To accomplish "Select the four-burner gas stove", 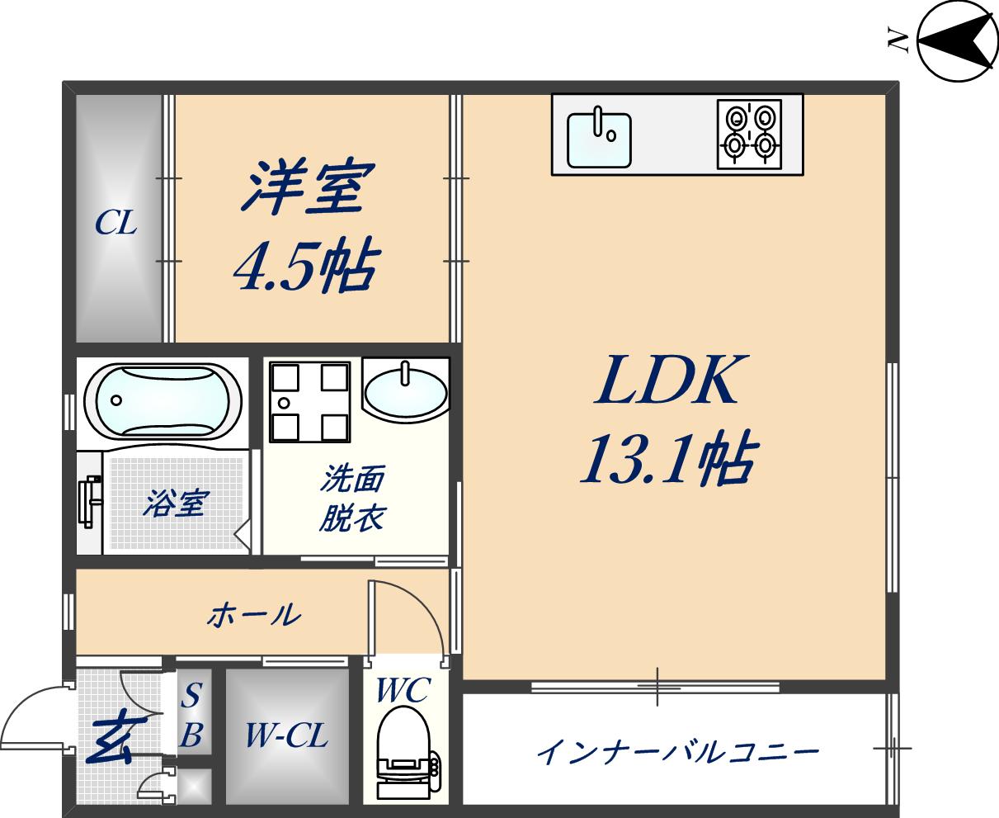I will pos(749,134).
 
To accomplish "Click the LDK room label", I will pos(666,381).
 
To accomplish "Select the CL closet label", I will pos(115,222).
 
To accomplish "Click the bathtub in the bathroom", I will pos(163,401).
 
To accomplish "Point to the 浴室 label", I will pos(176,503).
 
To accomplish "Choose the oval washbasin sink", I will pos(405,389).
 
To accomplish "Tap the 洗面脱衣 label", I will pos(353,498).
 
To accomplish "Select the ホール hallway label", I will pos(253,615).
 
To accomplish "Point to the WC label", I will pos(403,690).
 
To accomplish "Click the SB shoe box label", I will pos(191,715).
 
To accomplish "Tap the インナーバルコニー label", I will pos(677,752).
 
